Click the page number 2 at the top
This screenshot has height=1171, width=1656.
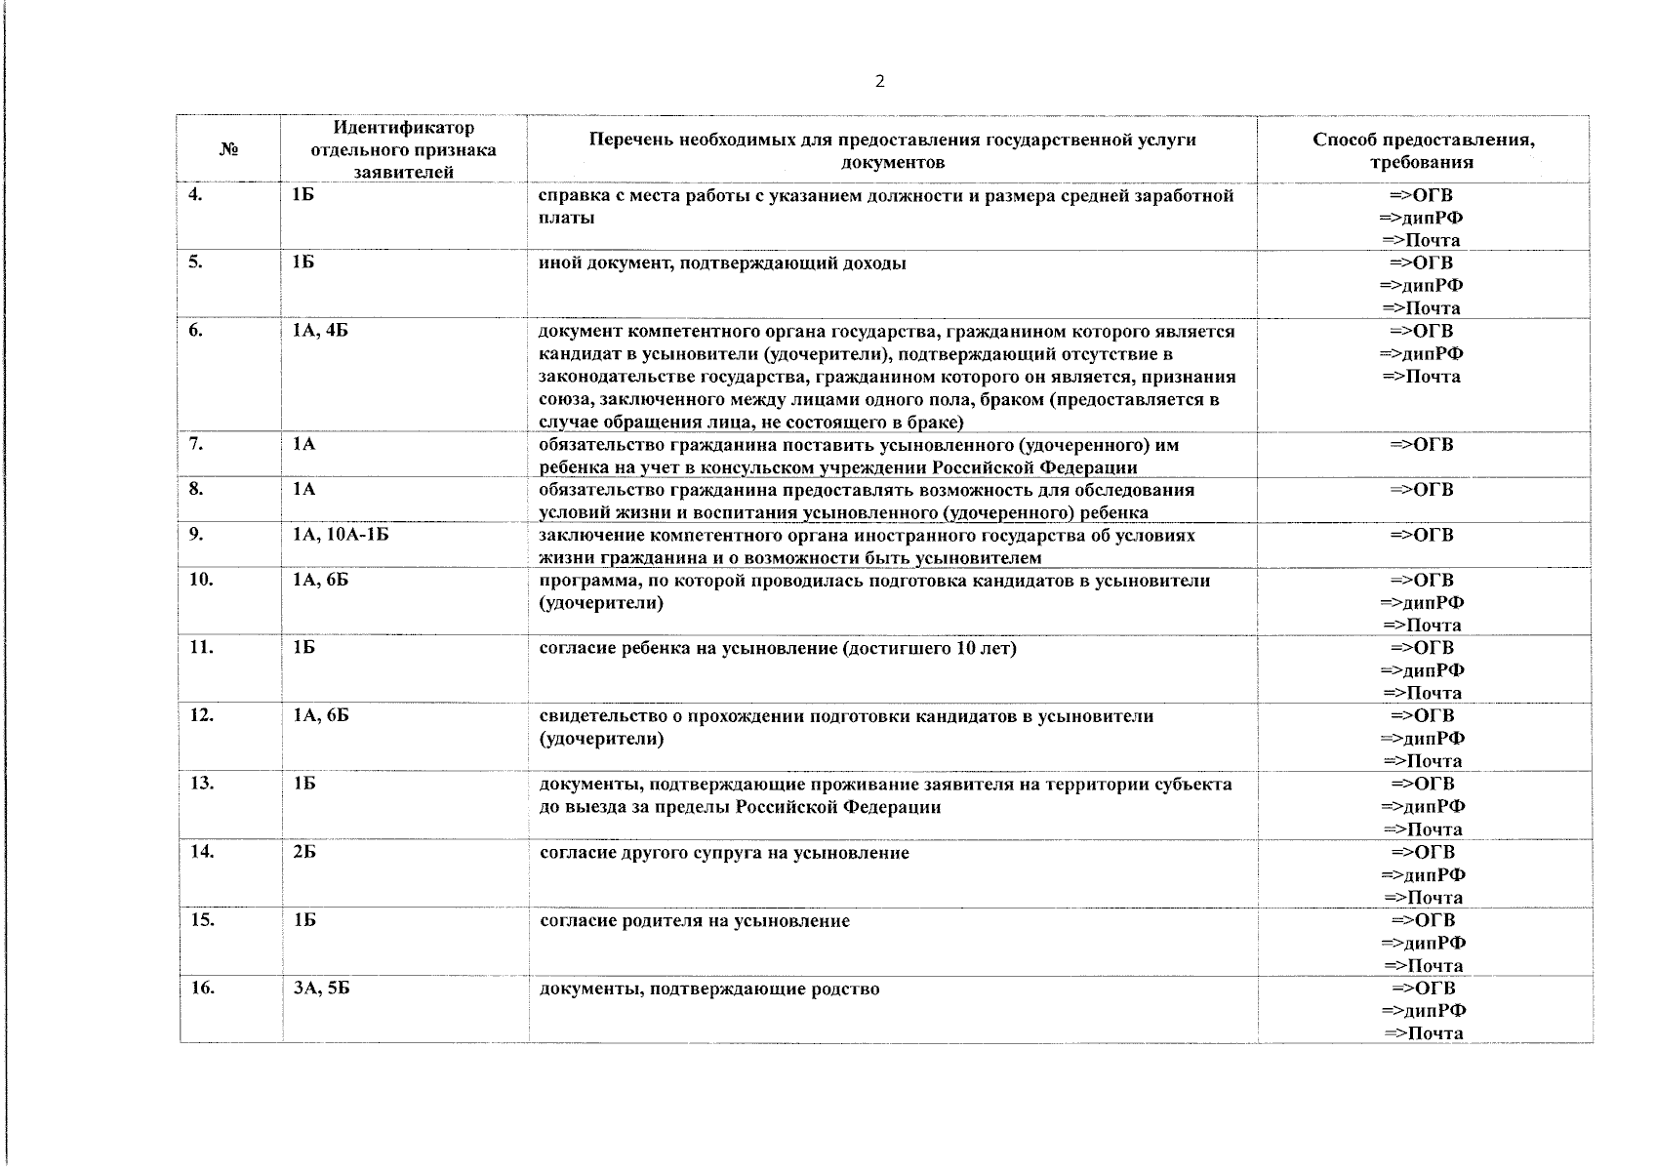[879, 82]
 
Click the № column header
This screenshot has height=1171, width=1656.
[229, 150]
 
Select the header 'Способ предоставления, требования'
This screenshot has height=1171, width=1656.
[1423, 151]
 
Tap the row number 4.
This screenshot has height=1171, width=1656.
[196, 195]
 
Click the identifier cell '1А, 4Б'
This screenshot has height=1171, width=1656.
[320, 331]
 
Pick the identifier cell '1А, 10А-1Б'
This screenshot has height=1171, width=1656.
[341, 535]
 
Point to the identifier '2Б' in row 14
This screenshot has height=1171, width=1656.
[303, 852]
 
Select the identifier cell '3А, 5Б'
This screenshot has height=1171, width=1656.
[321, 989]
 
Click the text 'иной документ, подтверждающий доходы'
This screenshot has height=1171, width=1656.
[722, 263]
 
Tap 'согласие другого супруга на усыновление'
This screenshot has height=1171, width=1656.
[724, 853]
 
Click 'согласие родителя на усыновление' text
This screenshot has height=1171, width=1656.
[695, 921]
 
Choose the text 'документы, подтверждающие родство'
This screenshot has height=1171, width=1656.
[709, 989]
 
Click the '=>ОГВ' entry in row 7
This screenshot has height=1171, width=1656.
[1421, 445]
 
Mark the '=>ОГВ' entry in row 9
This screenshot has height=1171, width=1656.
[1421, 535]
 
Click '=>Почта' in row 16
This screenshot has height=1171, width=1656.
[1423, 1033]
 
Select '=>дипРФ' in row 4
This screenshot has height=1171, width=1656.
[1421, 218]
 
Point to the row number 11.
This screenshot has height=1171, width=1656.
[201, 648]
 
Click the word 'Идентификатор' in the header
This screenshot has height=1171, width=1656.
[403, 128]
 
